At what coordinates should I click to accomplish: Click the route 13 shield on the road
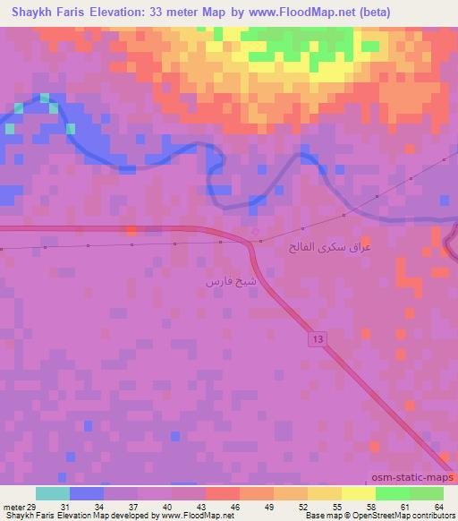click(318, 337)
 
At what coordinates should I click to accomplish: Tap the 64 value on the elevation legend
click(438, 508)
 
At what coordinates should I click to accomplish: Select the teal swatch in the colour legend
click(53, 493)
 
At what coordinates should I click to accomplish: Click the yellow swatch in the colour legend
click(358, 493)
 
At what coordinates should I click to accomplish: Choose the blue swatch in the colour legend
click(87, 493)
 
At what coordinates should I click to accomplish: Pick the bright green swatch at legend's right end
click(426, 493)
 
